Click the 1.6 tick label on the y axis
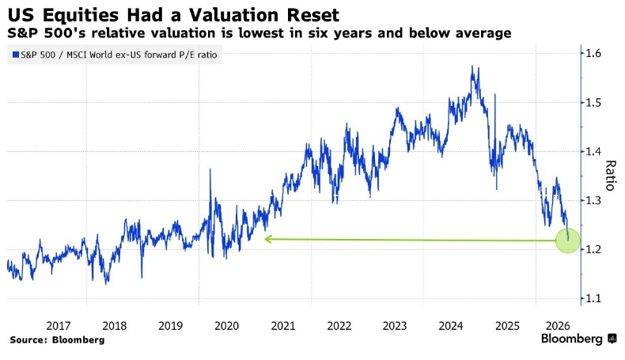click(x=593, y=53)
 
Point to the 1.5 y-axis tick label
click(x=593, y=102)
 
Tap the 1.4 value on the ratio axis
click(x=593, y=151)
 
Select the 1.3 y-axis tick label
click(x=593, y=200)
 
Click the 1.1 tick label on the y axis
click(x=593, y=298)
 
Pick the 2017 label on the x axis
click(x=59, y=326)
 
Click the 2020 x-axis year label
click(x=226, y=326)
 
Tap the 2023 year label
click(x=395, y=326)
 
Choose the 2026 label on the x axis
click(x=558, y=326)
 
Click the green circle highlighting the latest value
click(x=568, y=241)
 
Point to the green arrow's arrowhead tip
click(x=265, y=239)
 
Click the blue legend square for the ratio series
click(x=16, y=55)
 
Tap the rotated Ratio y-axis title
click(x=611, y=176)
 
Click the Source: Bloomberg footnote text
click(x=57, y=339)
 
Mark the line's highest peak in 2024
click(x=472, y=66)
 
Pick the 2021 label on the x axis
click(x=283, y=326)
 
